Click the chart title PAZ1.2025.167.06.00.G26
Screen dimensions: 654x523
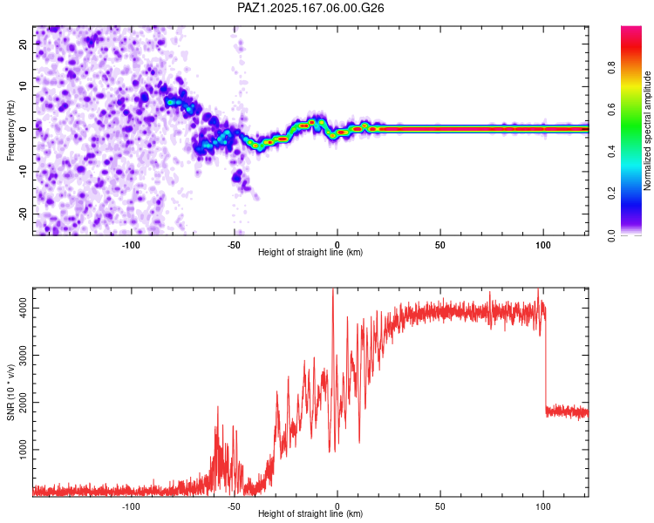click(x=310, y=8)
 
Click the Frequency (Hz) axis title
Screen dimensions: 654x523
click(x=10, y=131)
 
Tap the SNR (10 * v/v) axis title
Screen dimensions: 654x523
click(x=10, y=392)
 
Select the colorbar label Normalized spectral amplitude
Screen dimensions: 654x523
click(x=647, y=131)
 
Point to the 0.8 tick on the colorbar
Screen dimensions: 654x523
click(x=611, y=67)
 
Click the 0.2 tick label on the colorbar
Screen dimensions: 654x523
click(x=611, y=194)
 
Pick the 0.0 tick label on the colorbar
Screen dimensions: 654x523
click(x=611, y=235)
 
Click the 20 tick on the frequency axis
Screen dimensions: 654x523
click(x=23, y=44)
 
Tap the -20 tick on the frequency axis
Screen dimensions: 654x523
click(x=23, y=214)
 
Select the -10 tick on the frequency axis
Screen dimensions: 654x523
click(x=23, y=172)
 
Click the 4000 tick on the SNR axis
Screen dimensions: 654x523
click(x=23, y=309)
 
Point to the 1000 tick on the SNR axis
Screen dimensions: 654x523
click(x=23, y=449)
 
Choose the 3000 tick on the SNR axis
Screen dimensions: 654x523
click(x=23, y=356)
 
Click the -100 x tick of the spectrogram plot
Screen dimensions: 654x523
click(x=131, y=245)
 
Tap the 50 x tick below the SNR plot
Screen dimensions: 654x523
click(x=440, y=506)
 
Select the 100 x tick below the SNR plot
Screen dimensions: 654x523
click(x=543, y=506)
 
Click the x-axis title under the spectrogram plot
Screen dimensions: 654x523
click(x=310, y=252)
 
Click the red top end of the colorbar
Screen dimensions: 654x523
click(x=631, y=29)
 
